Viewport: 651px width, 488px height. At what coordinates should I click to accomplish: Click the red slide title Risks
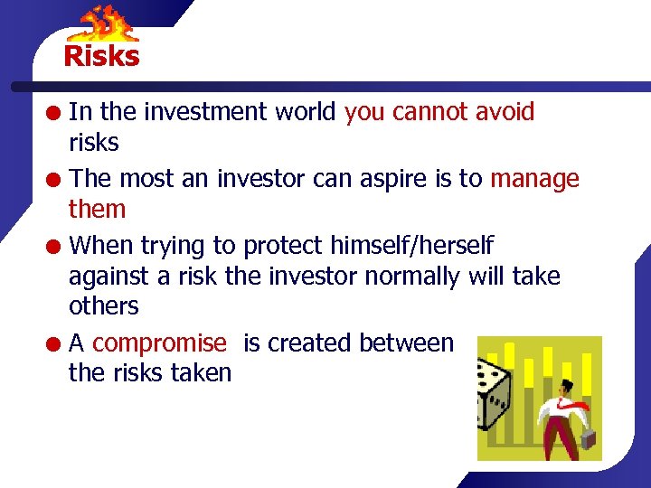coord(101,56)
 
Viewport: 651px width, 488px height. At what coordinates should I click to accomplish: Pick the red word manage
coord(534,180)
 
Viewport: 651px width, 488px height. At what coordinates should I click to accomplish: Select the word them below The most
coord(97,209)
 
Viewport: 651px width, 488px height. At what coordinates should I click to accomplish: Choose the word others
coord(103,305)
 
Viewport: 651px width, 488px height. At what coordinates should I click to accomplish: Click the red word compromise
coord(159,343)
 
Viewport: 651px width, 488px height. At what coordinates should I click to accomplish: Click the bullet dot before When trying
coord(55,246)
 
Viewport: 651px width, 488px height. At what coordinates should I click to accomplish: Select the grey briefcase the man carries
coord(589,440)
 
